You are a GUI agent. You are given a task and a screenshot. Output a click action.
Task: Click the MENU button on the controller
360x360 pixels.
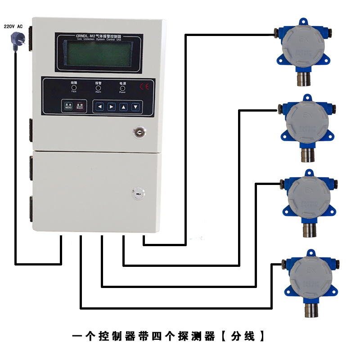68,106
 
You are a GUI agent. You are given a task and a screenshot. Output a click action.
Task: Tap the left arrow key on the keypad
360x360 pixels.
100,107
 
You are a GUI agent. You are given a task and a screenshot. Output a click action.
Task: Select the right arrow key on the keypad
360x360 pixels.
112,107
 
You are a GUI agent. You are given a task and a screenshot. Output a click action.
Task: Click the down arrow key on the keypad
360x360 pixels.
135,107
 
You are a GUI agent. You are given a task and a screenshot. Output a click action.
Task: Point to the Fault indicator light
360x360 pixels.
74,88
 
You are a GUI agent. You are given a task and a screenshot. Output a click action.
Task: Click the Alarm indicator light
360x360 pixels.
99,88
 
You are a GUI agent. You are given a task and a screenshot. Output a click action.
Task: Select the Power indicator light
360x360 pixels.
122,88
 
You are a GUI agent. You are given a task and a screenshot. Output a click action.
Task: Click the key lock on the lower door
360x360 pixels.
137,193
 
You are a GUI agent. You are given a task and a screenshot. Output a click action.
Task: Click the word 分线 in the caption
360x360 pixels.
243,336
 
